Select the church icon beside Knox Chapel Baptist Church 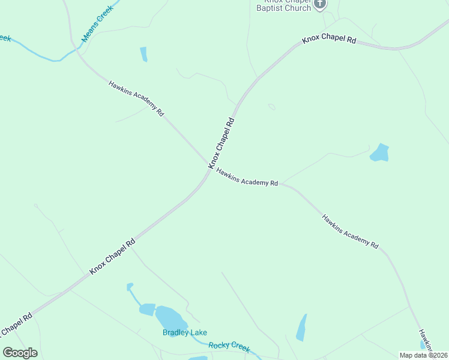coord(320,4)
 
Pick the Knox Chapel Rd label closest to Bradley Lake coord(112,255)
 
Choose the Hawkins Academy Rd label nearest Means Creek coord(136,97)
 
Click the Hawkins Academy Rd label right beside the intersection coord(247,176)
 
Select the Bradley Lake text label coord(185,332)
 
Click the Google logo coord(20,352)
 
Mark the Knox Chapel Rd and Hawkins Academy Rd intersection coord(210,169)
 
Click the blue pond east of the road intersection coord(379,153)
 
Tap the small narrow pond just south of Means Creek coord(143,54)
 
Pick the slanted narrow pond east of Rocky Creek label coord(301,328)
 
